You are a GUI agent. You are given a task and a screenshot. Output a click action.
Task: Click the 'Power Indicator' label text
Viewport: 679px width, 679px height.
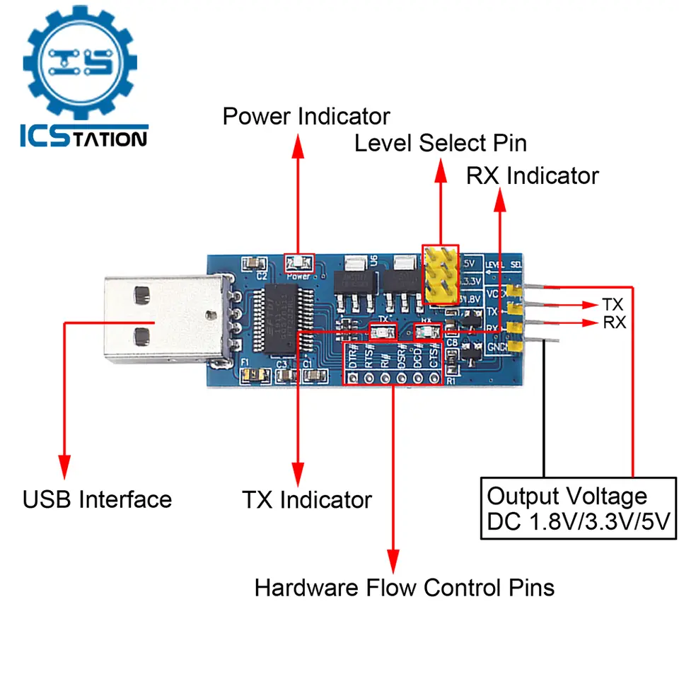click(306, 115)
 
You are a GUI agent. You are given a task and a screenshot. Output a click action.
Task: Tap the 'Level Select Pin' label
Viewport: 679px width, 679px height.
click(440, 144)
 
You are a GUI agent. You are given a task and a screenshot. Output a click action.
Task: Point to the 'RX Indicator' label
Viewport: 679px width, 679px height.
click(532, 175)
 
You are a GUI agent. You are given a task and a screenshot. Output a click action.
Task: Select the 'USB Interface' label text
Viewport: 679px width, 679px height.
click(97, 499)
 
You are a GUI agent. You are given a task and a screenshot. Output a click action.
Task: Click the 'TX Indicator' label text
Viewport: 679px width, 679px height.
click(306, 500)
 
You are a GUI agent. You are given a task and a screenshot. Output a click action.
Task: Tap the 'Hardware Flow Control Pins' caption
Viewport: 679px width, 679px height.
click(404, 587)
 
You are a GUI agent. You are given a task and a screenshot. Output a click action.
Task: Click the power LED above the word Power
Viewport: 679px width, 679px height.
click(298, 264)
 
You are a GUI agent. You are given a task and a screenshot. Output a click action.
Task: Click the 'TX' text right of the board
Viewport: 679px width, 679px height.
click(613, 305)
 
